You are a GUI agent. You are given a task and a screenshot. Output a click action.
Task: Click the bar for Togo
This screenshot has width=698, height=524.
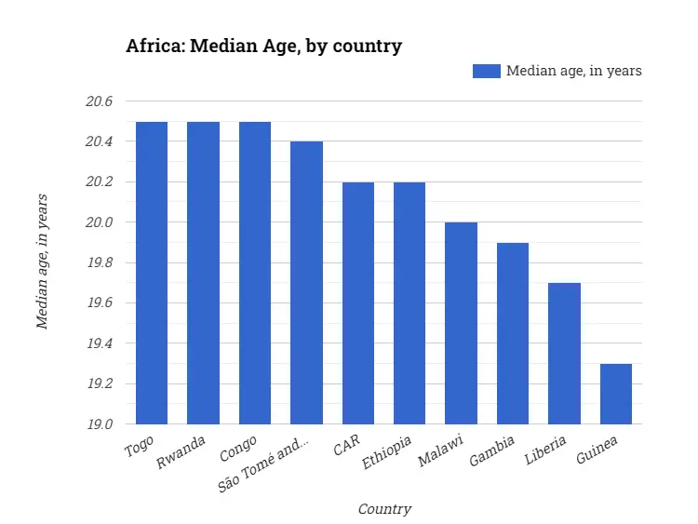click(x=152, y=273)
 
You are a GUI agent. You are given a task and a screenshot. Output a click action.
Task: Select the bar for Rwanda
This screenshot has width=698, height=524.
click(x=203, y=273)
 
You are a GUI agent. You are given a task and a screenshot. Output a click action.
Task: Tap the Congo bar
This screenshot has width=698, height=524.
click(x=255, y=273)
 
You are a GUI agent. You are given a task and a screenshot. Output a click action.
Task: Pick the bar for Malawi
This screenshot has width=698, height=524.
click(x=461, y=323)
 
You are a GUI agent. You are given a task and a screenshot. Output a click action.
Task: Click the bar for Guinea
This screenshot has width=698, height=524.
click(x=616, y=394)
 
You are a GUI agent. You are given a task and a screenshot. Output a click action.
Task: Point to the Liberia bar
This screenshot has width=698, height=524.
click(x=564, y=354)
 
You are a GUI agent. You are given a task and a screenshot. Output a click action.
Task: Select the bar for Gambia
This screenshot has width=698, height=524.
click(x=513, y=333)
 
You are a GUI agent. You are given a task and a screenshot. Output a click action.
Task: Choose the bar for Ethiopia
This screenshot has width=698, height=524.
click(x=409, y=303)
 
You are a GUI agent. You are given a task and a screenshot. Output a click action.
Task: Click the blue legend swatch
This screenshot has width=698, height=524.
click(x=486, y=71)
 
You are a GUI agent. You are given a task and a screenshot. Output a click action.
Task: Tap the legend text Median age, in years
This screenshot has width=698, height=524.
click(x=573, y=71)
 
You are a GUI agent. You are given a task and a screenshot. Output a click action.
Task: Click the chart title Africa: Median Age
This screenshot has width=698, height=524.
click(x=263, y=46)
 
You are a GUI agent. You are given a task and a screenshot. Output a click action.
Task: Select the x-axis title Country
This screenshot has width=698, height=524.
click(x=384, y=508)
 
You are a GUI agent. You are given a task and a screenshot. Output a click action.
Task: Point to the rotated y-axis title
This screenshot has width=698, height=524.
click(x=42, y=262)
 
